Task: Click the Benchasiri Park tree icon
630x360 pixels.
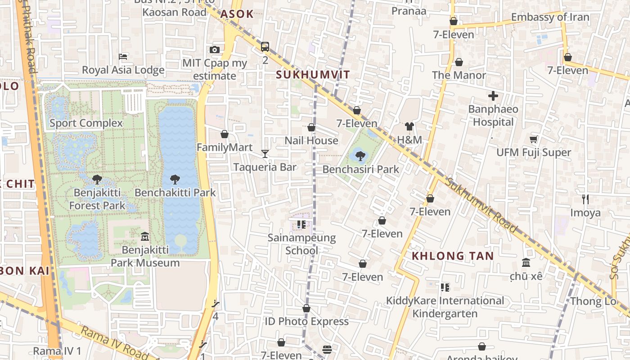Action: pos(360,156)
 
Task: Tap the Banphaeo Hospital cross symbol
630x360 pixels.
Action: pos(493,96)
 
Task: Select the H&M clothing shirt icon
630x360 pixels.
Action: pos(409,126)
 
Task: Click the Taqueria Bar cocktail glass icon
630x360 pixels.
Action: pos(265,154)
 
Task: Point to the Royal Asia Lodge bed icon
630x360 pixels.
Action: pos(123,57)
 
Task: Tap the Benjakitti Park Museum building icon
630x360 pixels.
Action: pos(145,236)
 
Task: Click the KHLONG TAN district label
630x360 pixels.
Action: pos(453,256)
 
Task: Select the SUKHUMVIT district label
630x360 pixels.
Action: pos(313,75)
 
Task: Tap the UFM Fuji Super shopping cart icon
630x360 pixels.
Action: pos(533,139)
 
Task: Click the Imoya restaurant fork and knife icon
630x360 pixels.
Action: pos(585,199)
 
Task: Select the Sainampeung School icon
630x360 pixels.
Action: pos(301,224)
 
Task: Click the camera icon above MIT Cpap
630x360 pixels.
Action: pos(215,49)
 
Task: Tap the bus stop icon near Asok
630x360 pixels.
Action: pos(265,46)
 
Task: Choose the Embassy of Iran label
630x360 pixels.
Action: pos(550,17)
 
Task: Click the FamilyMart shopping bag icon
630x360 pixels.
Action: pos(225,134)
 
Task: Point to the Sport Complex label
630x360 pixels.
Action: pos(86,123)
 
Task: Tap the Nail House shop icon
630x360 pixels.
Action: pos(311,127)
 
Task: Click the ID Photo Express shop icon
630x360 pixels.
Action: pos(306,308)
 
